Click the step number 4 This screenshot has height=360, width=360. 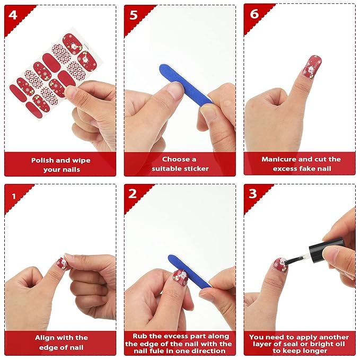(x=13, y=15)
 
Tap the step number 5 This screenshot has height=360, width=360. (x=134, y=15)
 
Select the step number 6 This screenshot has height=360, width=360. (x=254, y=14)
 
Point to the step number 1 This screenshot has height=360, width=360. (x=14, y=196)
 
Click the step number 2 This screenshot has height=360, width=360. (x=133, y=194)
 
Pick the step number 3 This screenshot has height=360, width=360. (x=252, y=194)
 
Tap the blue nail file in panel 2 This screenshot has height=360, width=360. (x=189, y=271)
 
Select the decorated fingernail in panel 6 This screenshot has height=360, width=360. (x=311, y=67)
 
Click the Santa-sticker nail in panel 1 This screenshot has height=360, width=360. (x=62, y=264)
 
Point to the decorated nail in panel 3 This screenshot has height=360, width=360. (x=280, y=265)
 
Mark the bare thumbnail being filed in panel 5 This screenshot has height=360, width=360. (x=175, y=89)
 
